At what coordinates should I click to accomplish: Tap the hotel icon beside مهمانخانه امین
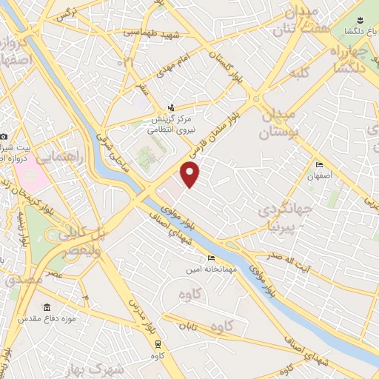click(212, 258)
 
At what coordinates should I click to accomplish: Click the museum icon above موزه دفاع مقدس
click(47, 308)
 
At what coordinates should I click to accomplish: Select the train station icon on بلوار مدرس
click(158, 343)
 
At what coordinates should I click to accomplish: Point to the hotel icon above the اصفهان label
click(319, 164)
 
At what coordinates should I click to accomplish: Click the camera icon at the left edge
click(4, 137)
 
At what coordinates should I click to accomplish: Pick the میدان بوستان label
click(278, 124)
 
